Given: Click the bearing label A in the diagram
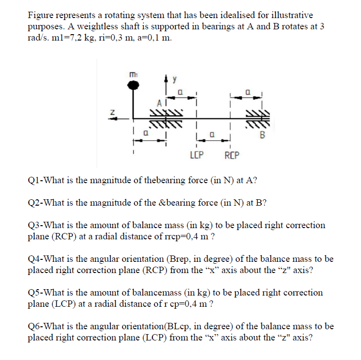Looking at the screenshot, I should pos(159,104).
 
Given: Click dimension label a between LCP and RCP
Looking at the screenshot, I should pos(213,132).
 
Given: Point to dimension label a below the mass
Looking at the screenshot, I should pos(146,132).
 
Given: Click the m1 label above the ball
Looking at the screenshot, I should pos(132,74).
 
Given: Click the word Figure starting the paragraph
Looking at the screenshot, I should pos(41,16).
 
